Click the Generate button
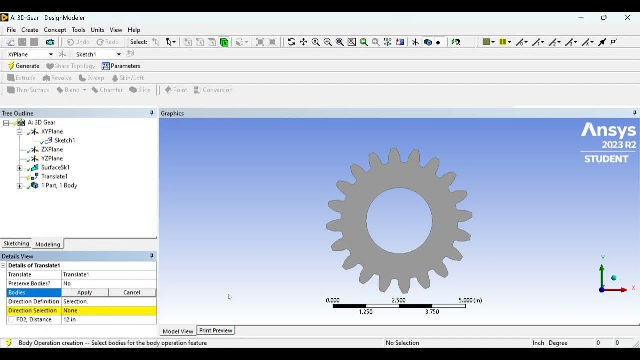pos(23,66)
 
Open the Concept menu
pos(55,30)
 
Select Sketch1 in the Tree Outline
pos(64,140)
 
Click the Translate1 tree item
pos(54,176)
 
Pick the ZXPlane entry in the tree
pos(52,149)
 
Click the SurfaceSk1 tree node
pos(55,167)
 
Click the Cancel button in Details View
pos(132,292)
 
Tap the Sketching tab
pos(16,244)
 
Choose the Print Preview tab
pos(215,330)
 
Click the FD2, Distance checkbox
pos(11,320)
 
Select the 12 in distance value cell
pos(108,320)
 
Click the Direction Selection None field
pos(108,311)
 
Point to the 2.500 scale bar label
pos(399,300)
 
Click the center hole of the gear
pos(399,220)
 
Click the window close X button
pos(627,17)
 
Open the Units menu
pos(97,30)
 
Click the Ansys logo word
pos(608,131)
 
